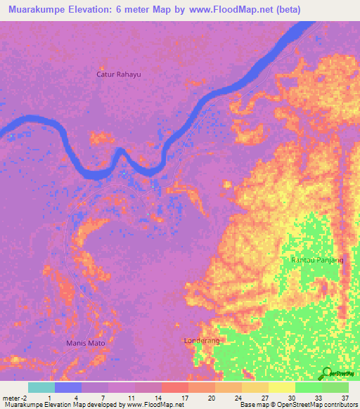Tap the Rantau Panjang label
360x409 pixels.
coord(317,260)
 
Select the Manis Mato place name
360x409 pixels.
coord(89,343)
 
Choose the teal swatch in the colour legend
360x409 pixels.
coord(41,387)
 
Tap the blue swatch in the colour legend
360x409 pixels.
coord(68,387)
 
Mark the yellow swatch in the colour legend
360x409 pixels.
coord(282,387)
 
